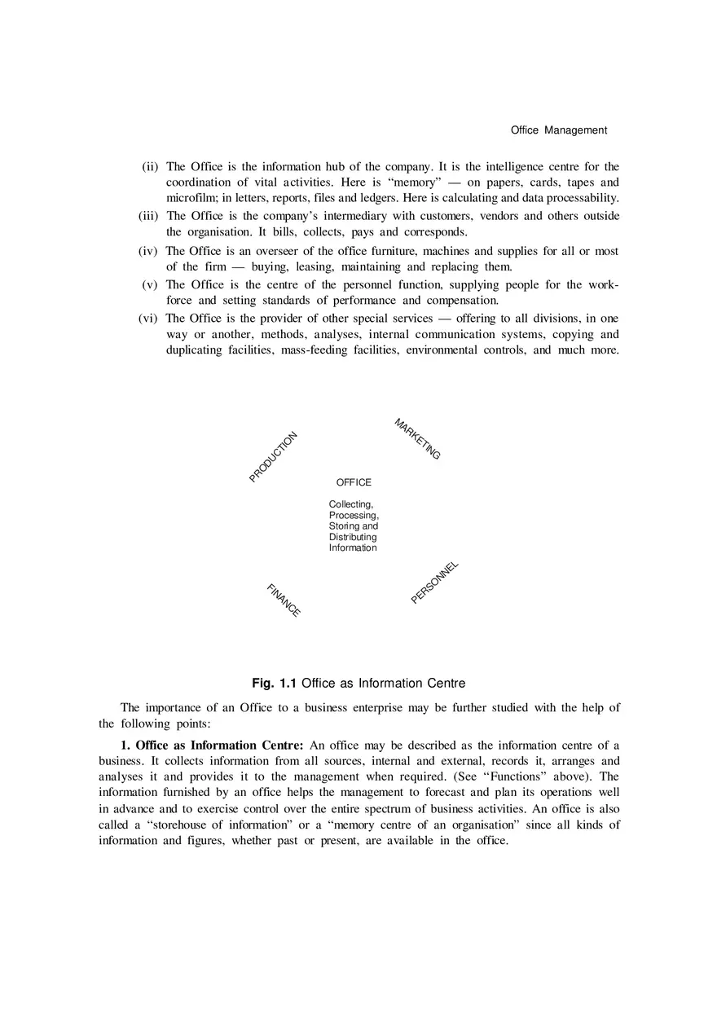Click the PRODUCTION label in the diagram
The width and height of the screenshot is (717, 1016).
(274, 456)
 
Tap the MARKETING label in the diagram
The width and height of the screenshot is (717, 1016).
(417, 439)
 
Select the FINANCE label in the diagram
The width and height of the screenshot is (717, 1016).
(284, 600)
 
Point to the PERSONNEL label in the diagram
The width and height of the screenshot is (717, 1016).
(435, 583)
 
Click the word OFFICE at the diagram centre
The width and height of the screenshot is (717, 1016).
(354, 482)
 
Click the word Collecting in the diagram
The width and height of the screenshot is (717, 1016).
(350, 504)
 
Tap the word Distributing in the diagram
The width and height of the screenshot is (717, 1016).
(353, 537)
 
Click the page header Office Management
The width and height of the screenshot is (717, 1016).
(559, 130)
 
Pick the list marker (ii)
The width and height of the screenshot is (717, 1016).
(150, 167)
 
